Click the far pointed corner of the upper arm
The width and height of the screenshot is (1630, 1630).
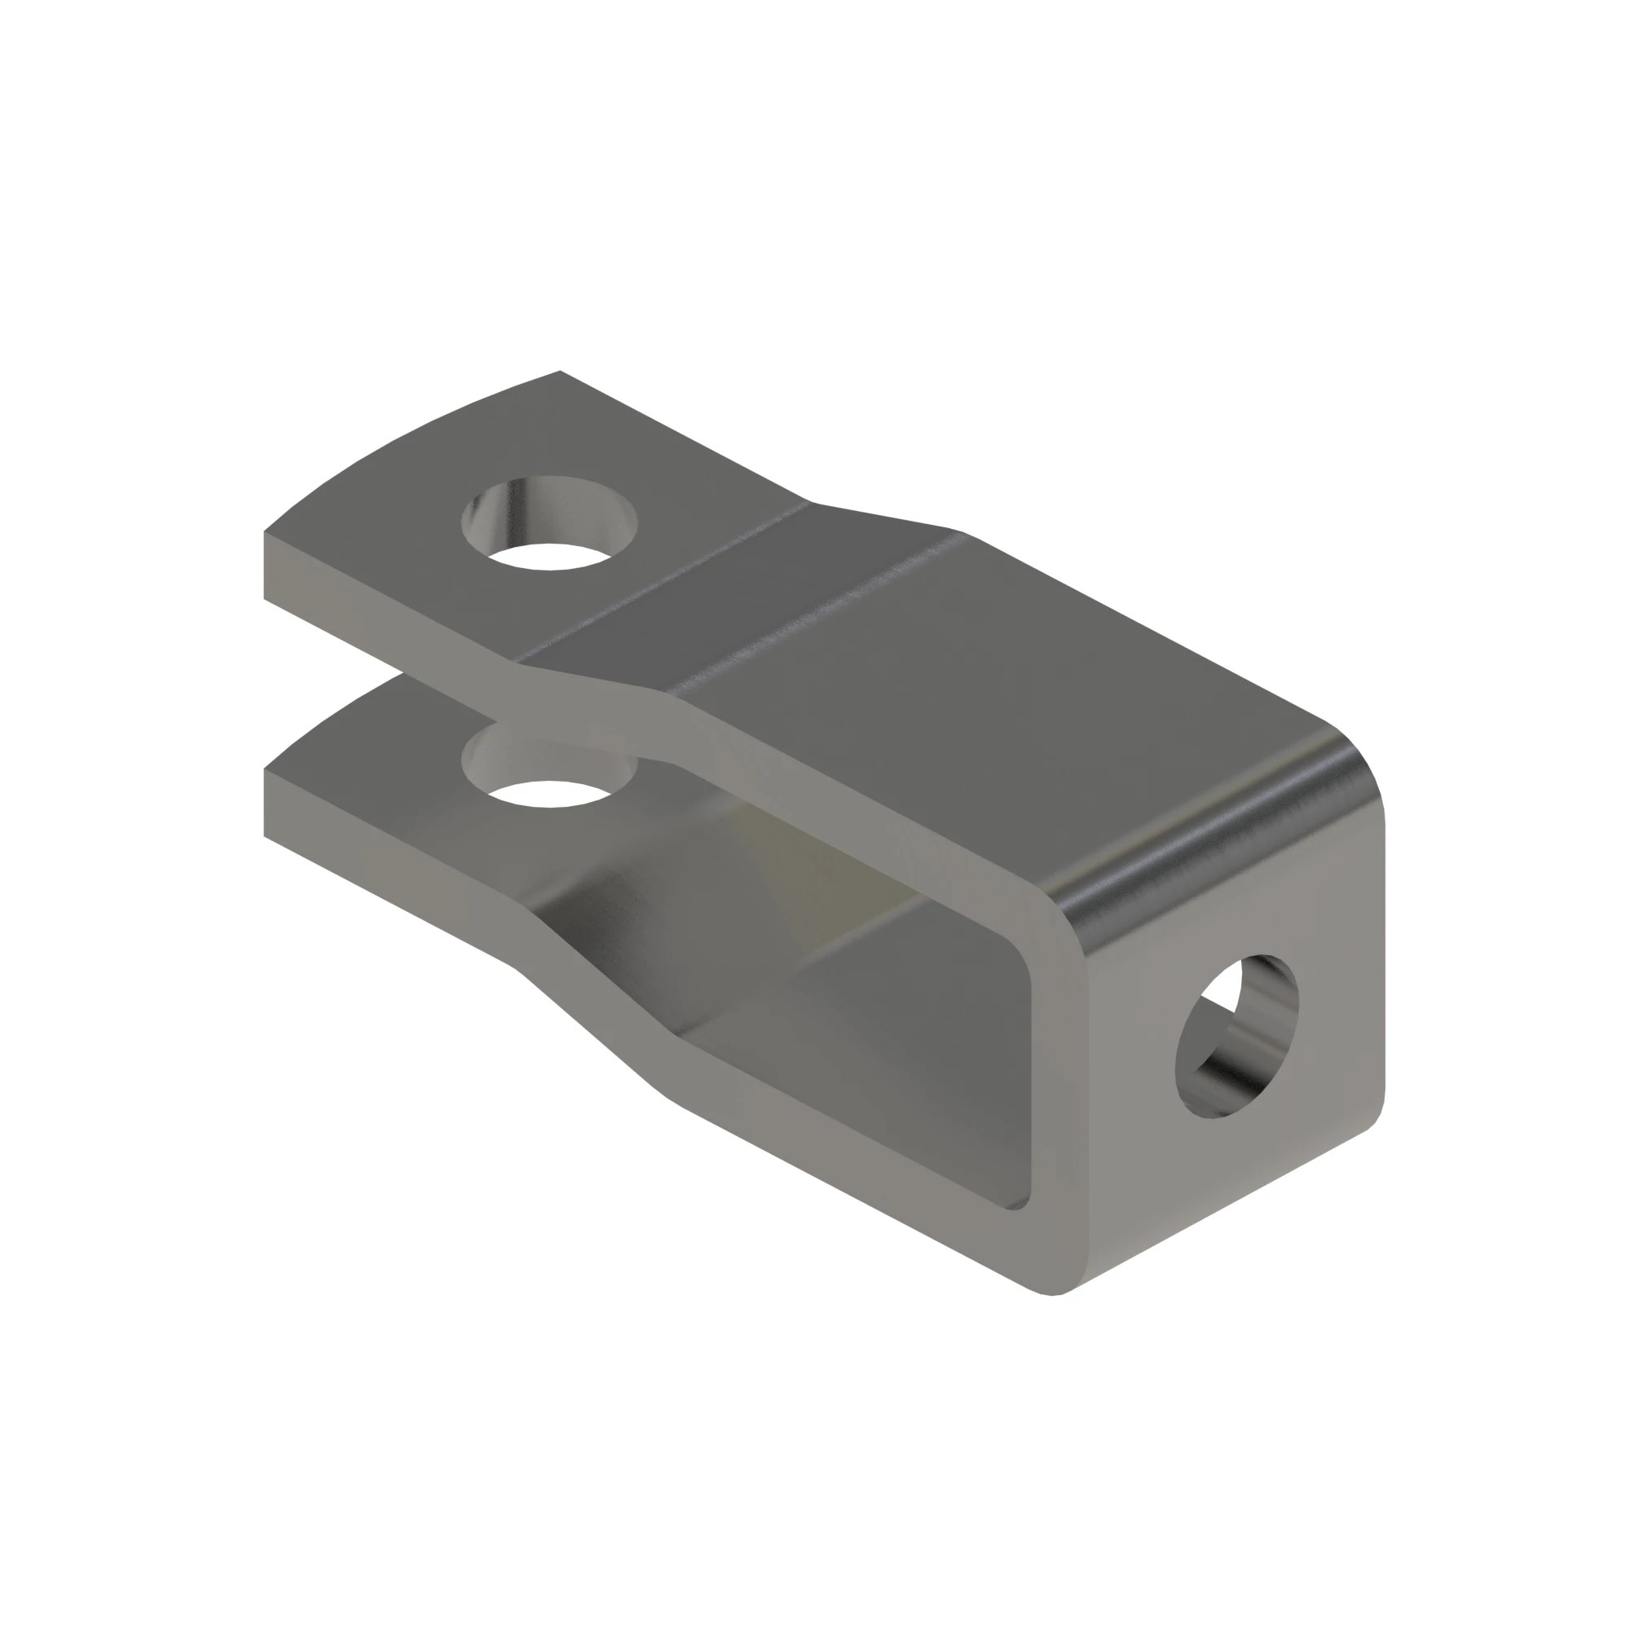tap(560, 372)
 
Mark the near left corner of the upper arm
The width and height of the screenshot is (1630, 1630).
tap(265, 534)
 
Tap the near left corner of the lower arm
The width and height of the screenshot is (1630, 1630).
tap(265, 770)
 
